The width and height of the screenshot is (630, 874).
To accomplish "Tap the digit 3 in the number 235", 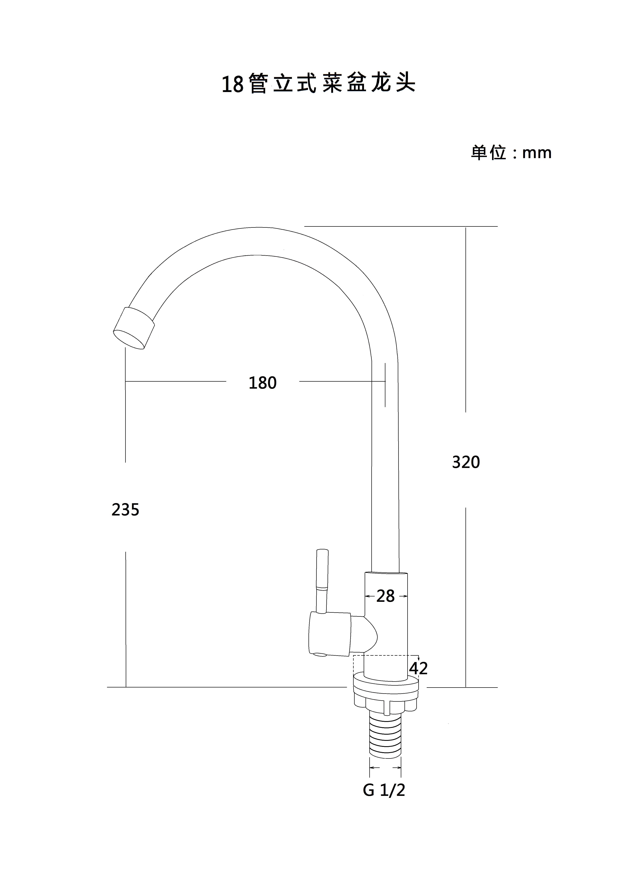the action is [x=125, y=510].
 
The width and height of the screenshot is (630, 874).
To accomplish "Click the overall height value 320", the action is [x=466, y=462].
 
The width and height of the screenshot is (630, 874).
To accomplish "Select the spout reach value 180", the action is [x=263, y=383].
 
